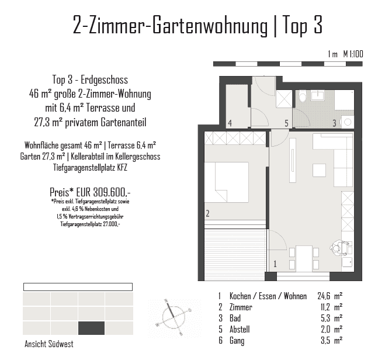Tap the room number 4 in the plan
click(x=230, y=123)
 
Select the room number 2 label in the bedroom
click(x=208, y=213)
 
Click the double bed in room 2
click(x=226, y=182)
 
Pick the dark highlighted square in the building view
click(x=91, y=328)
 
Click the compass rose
click(x=174, y=317)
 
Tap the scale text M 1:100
click(x=353, y=54)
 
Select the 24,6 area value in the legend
click(x=324, y=296)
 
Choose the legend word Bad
click(x=235, y=319)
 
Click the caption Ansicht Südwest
click(x=49, y=344)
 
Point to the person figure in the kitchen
click(x=339, y=248)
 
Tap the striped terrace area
click(x=235, y=255)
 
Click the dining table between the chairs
click(x=304, y=258)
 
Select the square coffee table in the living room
click(x=320, y=170)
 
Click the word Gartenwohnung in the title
click(x=210, y=25)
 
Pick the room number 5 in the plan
click(x=286, y=123)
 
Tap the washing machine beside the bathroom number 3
click(x=348, y=122)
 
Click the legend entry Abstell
click(x=240, y=329)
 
